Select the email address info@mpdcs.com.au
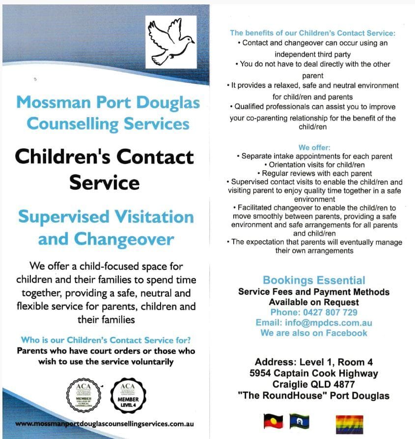pos(328,323)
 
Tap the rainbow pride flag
pos(349,423)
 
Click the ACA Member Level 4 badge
pos(127,394)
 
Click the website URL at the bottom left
pos(104,424)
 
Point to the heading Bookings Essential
pos(314,280)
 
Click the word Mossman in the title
pos(51,103)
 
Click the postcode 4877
pos(341,384)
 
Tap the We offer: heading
pos(314,148)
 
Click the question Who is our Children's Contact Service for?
pos(106,340)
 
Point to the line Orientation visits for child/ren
pos(314,165)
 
